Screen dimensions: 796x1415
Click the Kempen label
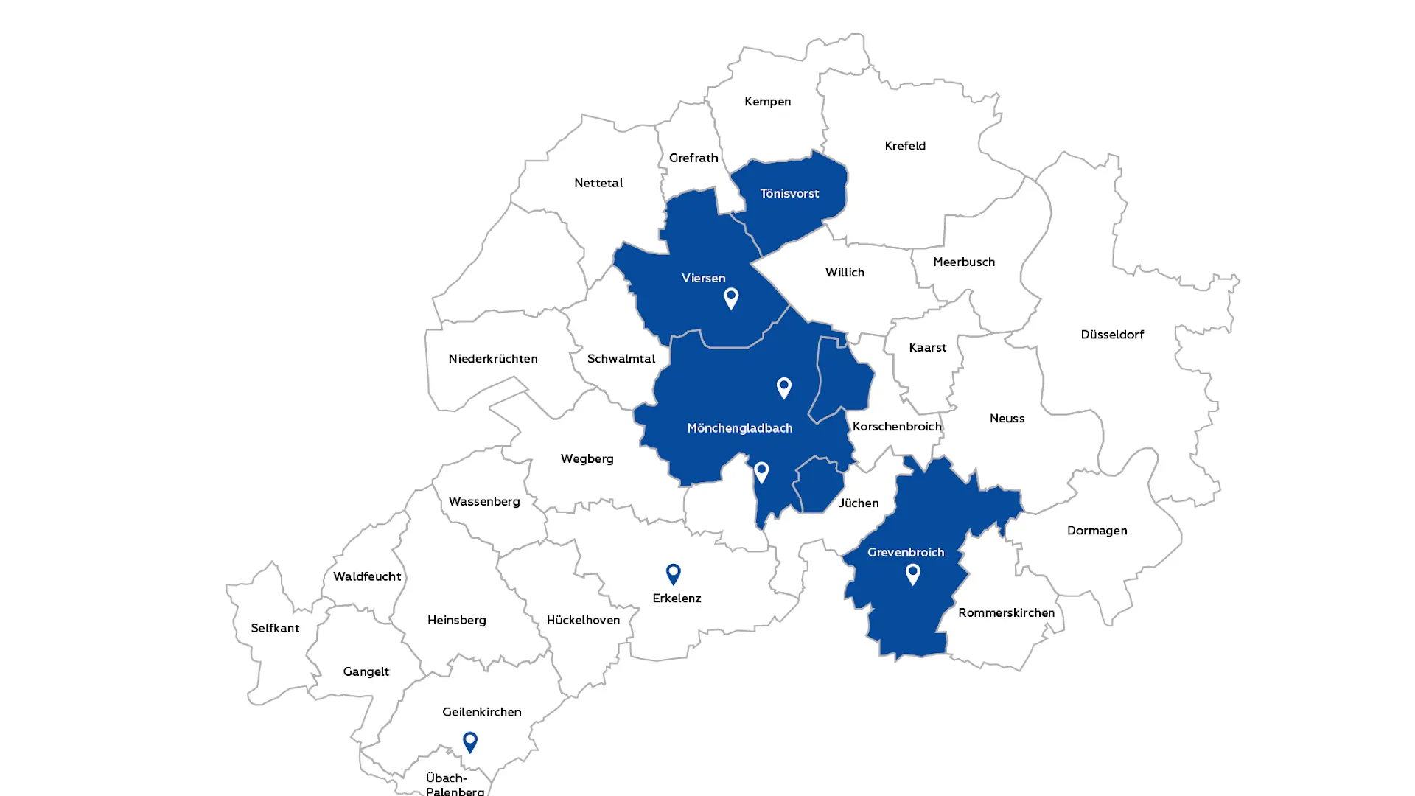coord(767,102)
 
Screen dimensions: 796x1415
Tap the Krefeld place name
coord(905,146)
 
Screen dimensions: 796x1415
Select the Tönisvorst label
coord(789,194)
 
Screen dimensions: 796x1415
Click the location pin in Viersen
coord(730,298)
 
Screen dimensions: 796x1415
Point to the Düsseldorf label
coord(1112,335)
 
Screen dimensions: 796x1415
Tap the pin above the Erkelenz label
coord(673,573)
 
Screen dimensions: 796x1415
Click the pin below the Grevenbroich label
coord(912,573)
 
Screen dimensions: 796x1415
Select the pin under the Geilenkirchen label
coord(469,741)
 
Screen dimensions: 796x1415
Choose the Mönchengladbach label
coord(739,428)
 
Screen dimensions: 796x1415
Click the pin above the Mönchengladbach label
coord(783,387)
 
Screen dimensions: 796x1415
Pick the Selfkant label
coord(275,629)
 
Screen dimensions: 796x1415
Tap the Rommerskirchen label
coord(1006,613)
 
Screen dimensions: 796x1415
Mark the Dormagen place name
coord(1097,531)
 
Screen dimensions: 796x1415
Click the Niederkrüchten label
coord(493,359)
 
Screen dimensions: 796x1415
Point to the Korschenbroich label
coord(897,427)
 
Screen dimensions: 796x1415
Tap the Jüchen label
coord(859,503)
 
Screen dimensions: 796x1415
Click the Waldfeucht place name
coord(367,576)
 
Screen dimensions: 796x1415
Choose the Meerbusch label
coord(964,262)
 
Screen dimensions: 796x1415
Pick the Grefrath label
coord(693,158)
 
